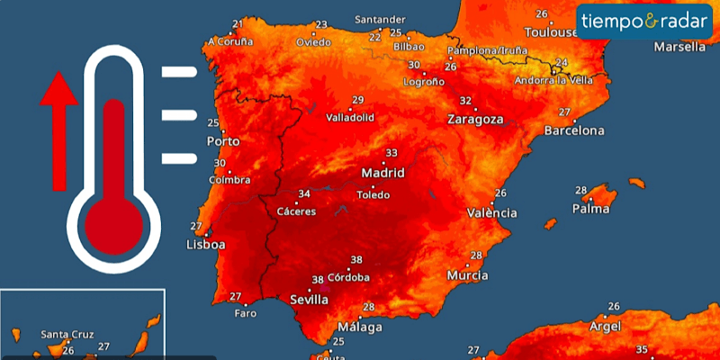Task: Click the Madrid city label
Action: click(x=382, y=173)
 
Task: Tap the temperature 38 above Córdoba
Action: click(x=356, y=259)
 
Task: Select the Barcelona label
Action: click(x=574, y=130)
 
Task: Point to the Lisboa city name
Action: click(x=205, y=244)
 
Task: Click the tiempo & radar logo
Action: click(x=643, y=20)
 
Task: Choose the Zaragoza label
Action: click(x=475, y=119)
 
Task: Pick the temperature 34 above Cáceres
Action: click(x=304, y=193)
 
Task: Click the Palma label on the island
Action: click(x=590, y=209)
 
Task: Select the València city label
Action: click(x=492, y=212)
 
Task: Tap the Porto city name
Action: click(x=223, y=141)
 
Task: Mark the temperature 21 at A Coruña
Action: click(x=238, y=23)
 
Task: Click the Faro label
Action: click(x=245, y=313)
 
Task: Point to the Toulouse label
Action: click(x=551, y=32)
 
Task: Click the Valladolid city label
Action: click(x=350, y=117)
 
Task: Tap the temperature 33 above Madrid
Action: click(x=391, y=153)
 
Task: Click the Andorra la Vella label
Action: click(x=553, y=80)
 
